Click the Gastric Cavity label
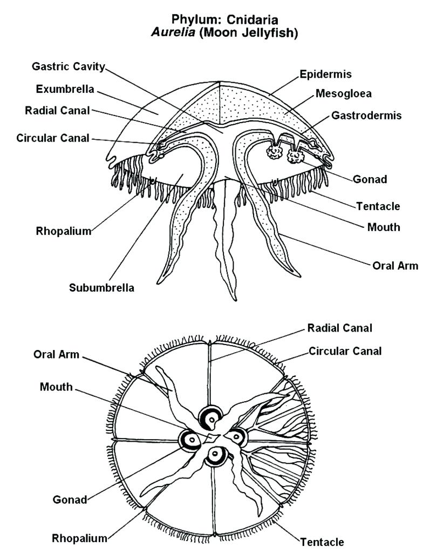68,67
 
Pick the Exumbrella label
65,89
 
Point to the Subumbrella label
101,287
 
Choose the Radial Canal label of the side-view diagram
57,111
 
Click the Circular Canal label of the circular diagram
345,351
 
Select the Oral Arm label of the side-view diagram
395,266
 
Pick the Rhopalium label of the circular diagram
79,538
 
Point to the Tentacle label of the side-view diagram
378,206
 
